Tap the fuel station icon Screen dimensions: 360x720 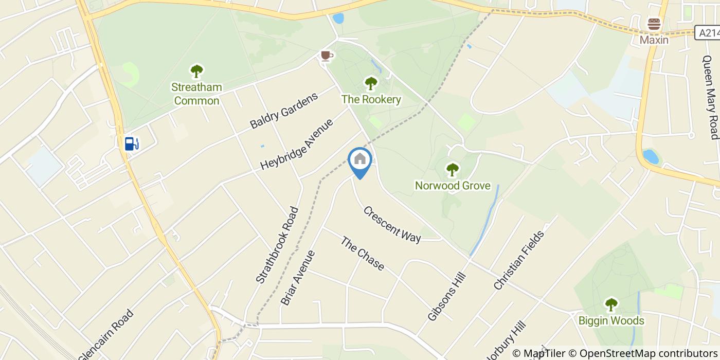click(x=132, y=143)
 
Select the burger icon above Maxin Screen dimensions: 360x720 click(x=654, y=24)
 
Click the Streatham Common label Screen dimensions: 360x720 click(x=197, y=94)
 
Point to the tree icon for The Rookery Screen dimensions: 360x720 click(x=371, y=83)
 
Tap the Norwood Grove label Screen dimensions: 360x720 click(x=453, y=186)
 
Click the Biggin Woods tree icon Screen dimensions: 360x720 click(x=611, y=305)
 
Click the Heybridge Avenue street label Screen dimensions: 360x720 click(x=297, y=144)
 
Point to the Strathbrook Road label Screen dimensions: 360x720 click(x=277, y=244)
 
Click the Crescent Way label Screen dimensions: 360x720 click(x=392, y=225)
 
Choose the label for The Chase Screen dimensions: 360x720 click(x=363, y=254)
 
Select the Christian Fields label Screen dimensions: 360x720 click(x=518, y=261)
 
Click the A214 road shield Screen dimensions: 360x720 click(x=708, y=33)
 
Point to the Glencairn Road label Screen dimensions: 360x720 click(x=106, y=335)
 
